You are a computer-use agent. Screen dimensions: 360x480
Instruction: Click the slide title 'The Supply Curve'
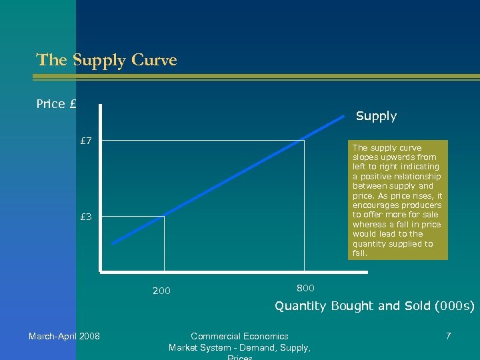pyautogui.click(x=107, y=60)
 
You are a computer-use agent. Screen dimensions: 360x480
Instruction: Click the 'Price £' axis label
pyautogui.click(x=57, y=104)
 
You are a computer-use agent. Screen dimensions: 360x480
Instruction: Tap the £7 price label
pyautogui.click(x=86, y=141)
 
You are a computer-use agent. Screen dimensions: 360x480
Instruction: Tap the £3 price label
pyautogui.click(x=86, y=217)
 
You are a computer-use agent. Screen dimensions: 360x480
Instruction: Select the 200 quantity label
pyautogui.click(x=161, y=291)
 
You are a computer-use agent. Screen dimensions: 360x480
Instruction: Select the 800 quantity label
pyautogui.click(x=305, y=288)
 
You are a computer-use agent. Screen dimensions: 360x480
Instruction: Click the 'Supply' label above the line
pyautogui.click(x=376, y=116)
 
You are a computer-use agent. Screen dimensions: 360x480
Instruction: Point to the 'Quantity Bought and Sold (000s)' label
pyautogui.click(x=375, y=306)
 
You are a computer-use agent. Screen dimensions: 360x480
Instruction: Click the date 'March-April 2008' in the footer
pyautogui.click(x=64, y=336)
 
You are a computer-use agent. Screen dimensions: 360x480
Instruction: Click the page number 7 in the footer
pyautogui.click(x=448, y=336)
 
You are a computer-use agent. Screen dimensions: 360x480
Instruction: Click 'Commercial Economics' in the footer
pyautogui.click(x=239, y=336)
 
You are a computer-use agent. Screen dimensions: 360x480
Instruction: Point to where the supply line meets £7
pyautogui.click(x=304, y=141)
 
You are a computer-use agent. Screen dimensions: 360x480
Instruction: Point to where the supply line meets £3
pyautogui.click(x=164, y=217)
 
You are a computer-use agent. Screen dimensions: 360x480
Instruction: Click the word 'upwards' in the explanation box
pyautogui.click(x=391, y=157)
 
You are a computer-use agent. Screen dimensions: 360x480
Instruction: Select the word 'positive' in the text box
pyautogui.click(x=375, y=177)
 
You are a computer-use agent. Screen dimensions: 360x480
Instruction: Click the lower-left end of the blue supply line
pyautogui.click(x=113, y=244)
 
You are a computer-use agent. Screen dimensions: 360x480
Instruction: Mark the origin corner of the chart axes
pyautogui.click(x=100, y=272)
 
